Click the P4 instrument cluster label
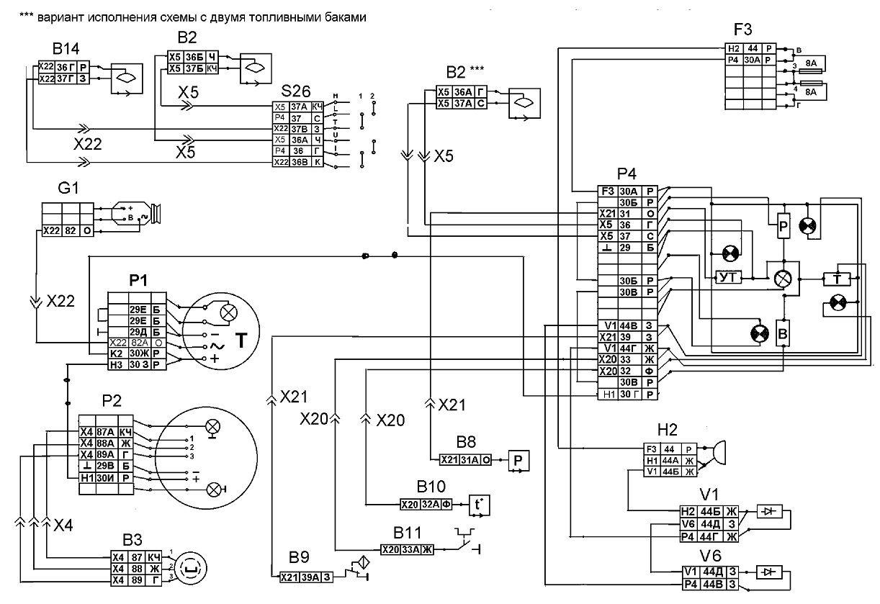tap(627, 176)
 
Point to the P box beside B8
tap(518, 459)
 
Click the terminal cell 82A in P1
tap(138, 343)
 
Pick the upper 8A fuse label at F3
tap(811, 63)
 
